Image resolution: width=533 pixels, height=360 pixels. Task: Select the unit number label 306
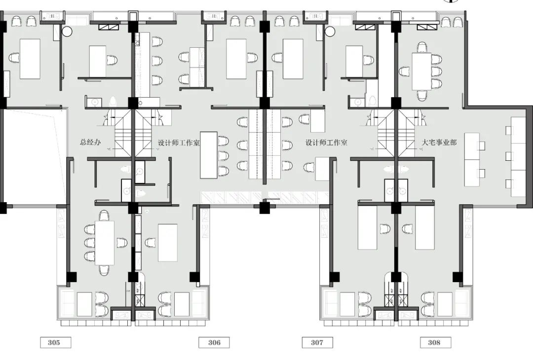(x=214, y=342)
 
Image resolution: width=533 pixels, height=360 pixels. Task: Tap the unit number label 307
(x=317, y=342)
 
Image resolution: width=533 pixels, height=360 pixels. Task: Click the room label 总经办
(x=90, y=142)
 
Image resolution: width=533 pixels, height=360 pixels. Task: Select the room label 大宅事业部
(x=439, y=143)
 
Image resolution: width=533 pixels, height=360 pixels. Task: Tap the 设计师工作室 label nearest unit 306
(x=179, y=143)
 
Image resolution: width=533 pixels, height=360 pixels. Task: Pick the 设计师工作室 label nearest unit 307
(x=326, y=143)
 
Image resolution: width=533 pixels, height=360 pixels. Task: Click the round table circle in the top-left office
(x=67, y=32)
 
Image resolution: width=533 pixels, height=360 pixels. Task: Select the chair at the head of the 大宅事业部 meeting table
(x=422, y=47)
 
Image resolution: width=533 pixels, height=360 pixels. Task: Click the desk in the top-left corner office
(x=30, y=59)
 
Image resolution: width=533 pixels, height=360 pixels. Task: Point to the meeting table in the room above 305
(x=105, y=243)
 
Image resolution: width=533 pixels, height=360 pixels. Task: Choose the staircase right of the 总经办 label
(x=123, y=133)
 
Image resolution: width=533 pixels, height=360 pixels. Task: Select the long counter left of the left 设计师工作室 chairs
(x=209, y=155)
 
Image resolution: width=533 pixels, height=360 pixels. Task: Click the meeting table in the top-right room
(x=422, y=72)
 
